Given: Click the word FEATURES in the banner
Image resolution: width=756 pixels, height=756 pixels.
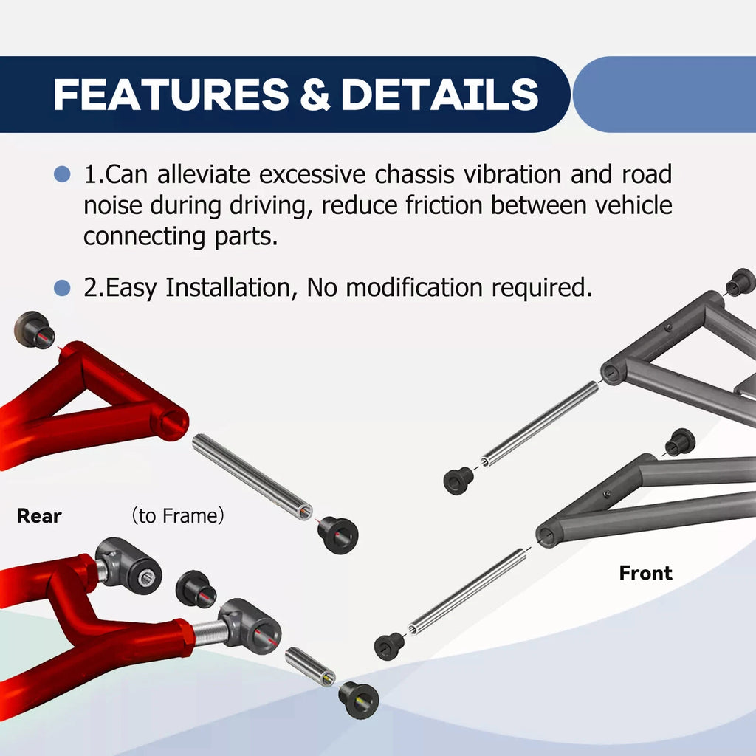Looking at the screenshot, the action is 171,94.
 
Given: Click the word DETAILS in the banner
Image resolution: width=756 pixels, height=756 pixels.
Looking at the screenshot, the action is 440,94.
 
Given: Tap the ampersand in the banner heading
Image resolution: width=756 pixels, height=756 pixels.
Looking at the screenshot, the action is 315,94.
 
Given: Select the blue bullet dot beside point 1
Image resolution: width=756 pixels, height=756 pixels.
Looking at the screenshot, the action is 62,174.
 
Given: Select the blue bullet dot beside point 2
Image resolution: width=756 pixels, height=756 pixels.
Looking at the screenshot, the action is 62,288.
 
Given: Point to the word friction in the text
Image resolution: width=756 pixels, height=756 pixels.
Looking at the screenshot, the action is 444,205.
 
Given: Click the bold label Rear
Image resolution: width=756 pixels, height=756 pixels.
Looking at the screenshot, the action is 39,516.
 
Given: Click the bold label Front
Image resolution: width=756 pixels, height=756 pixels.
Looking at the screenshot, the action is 645,573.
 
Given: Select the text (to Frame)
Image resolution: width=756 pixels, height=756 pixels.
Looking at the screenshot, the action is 178,516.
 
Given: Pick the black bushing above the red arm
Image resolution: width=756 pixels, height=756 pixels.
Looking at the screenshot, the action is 34,330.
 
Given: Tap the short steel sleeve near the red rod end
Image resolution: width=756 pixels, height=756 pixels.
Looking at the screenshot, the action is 310,667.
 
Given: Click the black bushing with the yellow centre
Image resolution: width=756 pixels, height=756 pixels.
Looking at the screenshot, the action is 358,700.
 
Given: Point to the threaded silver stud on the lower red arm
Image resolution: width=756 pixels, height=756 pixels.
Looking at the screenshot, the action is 209,633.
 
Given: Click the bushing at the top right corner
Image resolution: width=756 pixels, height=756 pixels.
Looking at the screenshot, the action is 740,282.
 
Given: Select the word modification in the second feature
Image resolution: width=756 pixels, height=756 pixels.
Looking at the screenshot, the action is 414,288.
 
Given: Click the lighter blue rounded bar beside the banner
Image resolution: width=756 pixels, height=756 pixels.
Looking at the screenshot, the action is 664,94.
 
